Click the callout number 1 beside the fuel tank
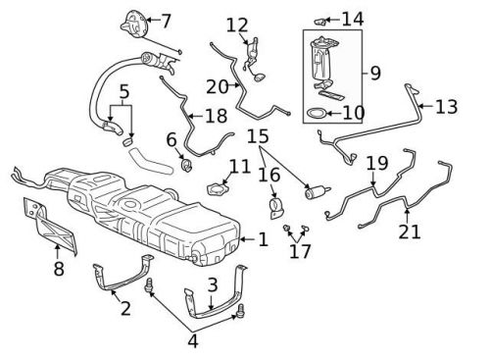[262, 238]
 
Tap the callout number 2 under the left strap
[124, 311]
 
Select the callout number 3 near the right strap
[212, 285]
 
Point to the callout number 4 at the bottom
[192, 342]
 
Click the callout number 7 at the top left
[165, 20]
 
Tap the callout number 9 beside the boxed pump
[373, 72]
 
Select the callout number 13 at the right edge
[446, 107]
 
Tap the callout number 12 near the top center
[237, 25]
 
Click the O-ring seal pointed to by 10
[317, 115]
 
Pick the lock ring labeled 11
[220, 186]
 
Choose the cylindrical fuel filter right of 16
[318, 190]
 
